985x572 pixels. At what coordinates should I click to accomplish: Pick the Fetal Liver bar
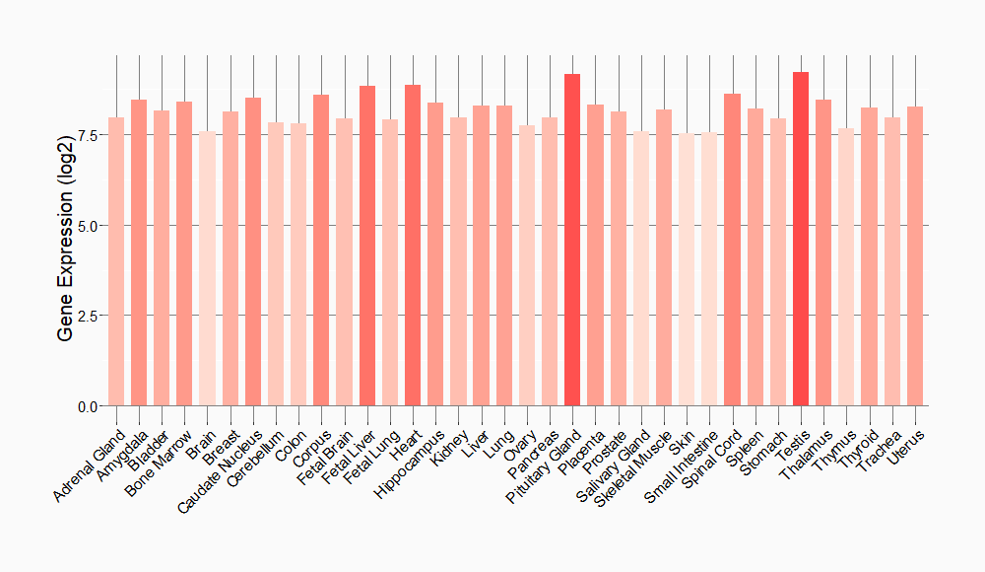tap(367, 246)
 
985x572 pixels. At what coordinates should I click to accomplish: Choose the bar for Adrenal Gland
tap(116, 261)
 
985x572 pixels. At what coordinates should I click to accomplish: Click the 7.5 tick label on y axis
tap(87, 135)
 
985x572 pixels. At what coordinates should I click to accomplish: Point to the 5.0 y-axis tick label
tap(87, 226)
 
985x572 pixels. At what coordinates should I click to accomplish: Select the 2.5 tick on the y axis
tap(87, 316)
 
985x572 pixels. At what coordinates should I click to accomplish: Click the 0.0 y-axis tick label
tap(87, 406)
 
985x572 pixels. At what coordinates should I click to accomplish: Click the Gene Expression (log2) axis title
tap(66, 260)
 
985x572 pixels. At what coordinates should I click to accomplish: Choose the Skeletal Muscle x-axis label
tap(635, 467)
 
